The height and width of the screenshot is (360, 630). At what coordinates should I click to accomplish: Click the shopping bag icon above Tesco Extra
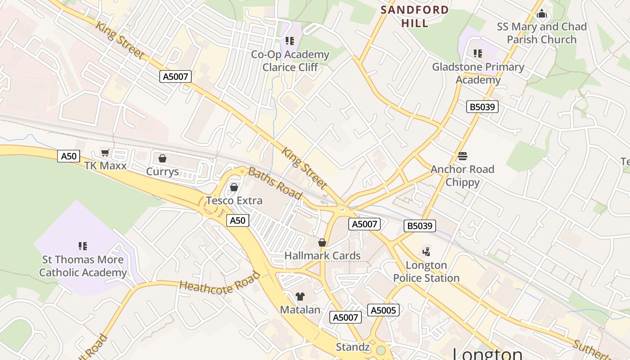(234, 187)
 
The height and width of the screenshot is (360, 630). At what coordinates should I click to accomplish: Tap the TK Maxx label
(105, 166)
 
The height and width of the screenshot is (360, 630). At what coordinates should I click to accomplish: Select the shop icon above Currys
(162, 158)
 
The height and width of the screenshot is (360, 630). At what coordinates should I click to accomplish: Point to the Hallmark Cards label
(322, 256)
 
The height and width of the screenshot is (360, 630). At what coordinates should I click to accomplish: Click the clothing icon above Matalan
(300, 296)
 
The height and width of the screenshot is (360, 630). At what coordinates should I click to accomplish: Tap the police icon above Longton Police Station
(426, 252)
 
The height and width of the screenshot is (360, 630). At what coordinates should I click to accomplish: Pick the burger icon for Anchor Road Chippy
(462, 156)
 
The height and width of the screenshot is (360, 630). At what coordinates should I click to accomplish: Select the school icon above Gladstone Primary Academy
(478, 54)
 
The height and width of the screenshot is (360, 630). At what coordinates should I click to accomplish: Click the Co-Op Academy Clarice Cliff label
(290, 61)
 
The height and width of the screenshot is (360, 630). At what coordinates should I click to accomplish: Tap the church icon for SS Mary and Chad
(542, 14)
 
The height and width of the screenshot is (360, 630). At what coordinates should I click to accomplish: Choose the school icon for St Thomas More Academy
(83, 246)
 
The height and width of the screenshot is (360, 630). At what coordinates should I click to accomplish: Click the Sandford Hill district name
(414, 17)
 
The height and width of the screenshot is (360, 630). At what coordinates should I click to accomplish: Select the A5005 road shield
(383, 310)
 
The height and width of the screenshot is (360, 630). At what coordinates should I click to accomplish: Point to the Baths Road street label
(274, 183)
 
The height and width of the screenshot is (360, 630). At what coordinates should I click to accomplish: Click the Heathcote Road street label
(220, 282)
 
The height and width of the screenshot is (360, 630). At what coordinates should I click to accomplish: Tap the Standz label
(353, 347)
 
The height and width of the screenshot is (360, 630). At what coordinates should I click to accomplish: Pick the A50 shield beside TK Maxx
(69, 156)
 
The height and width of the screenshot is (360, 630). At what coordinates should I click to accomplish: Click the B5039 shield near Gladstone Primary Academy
(482, 107)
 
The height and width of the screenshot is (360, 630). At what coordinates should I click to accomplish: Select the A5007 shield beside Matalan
(345, 317)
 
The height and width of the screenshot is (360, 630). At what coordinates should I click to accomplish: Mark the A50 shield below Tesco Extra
(238, 220)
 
